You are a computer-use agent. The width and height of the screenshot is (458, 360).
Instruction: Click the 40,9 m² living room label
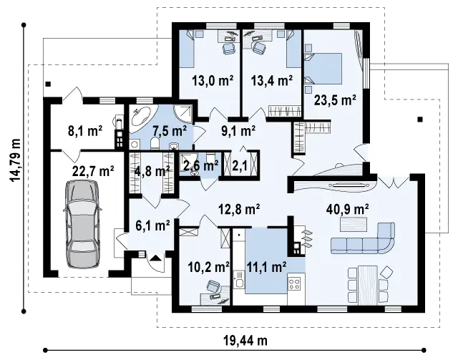coord(347,210)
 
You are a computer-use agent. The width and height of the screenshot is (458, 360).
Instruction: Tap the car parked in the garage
coord(82,224)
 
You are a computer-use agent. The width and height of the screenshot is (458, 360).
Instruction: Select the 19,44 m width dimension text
coord(245,341)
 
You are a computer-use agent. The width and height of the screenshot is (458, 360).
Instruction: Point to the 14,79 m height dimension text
coord(16,160)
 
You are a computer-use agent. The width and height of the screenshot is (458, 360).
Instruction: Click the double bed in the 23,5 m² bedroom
coord(323,69)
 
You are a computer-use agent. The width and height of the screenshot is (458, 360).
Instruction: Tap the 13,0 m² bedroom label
coord(213,80)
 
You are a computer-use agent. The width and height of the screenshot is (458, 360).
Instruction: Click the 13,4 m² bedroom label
coord(272,80)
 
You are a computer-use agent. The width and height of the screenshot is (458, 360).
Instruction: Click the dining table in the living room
coord(368,285)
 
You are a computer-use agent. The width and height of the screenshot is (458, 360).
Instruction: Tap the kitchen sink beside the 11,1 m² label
coord(239,280)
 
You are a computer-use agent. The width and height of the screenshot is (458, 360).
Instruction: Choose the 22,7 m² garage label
coord(93,171)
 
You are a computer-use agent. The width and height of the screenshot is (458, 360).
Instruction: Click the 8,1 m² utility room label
coord(85,131)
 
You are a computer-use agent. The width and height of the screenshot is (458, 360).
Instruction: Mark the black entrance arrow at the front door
coord(155,258)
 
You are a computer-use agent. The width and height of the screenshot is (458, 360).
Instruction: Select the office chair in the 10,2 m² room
coord(213,286)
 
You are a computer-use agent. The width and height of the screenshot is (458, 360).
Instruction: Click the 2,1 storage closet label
coord(240,166)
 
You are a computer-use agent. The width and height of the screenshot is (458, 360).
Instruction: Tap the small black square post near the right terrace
coord(420,119)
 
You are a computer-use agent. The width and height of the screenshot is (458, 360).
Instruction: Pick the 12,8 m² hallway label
coord(239,210)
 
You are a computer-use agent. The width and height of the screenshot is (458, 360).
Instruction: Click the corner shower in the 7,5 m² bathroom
coord(184,113)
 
